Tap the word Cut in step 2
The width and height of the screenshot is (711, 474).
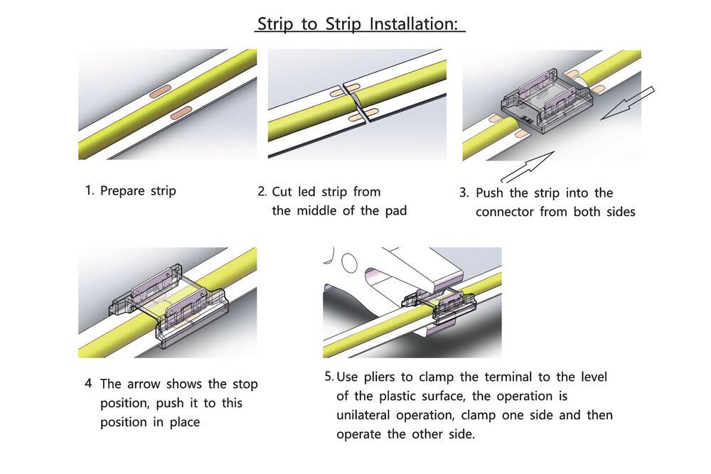[282, 192]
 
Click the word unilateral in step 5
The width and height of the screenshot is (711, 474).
[363, 415]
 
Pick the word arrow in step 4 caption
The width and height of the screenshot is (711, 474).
[144, 384]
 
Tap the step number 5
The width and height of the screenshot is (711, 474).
[328, 377]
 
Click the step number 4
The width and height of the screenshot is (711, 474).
[88, 383]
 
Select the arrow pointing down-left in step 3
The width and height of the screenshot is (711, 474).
[628, 103]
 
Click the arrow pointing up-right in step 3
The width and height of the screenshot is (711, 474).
[528, 167]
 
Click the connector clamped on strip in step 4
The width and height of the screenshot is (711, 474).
[168, 306]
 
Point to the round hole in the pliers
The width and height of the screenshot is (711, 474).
[349, 263]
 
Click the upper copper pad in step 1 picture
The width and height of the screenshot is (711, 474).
[161, 91]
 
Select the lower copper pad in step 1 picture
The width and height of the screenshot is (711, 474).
[181, 113]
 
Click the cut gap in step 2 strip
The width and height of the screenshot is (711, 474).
[355, 102]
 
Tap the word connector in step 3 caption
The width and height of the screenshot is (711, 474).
[505, 212]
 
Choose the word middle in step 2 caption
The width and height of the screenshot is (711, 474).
[318, 211]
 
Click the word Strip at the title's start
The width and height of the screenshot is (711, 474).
[275, 23]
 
